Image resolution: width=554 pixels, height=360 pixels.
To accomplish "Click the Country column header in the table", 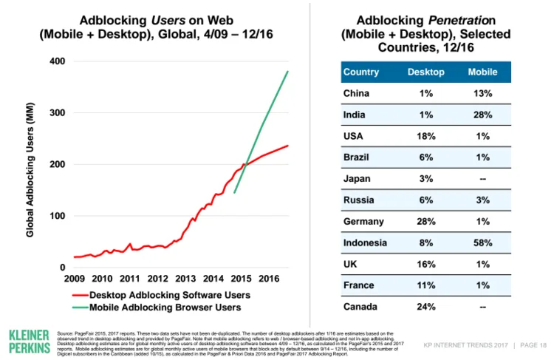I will [x=361, y=72].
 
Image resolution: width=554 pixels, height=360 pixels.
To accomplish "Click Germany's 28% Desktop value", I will [x=426, y=220].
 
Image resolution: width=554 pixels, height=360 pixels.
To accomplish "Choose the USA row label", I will [x=353, y=136].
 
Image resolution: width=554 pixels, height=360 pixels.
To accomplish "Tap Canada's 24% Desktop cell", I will [x=426, y=305].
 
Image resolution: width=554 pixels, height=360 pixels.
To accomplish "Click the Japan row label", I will [x=356, y=178].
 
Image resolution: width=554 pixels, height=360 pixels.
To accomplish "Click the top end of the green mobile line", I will [x=287, y=72].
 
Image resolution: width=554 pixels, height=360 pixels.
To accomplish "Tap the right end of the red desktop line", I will [x=287, y=146].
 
